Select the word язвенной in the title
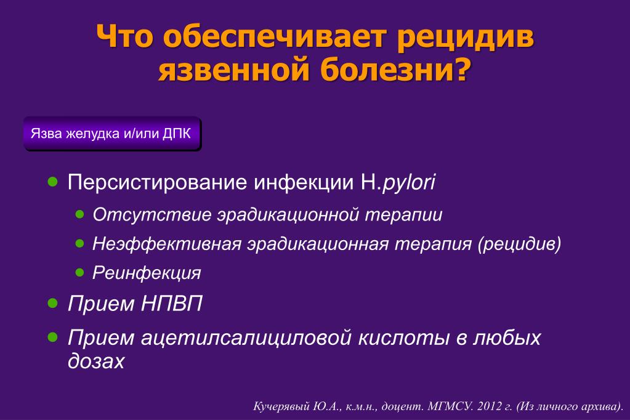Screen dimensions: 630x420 (235, 69)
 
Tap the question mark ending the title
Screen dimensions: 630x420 (461, 68)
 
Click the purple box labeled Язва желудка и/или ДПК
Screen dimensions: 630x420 (112, 134)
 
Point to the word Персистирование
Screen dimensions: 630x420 (157, 182)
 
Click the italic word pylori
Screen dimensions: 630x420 (409, 183)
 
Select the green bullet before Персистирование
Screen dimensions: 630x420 (52, 182)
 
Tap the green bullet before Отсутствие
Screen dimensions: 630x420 (79, 214)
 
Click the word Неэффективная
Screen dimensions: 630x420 (167, 243)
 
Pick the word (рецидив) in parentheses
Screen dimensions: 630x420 (519, 244)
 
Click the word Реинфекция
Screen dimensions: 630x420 (147, 273)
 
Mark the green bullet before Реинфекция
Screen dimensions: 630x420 (79, 273)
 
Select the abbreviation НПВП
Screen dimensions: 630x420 (172, 304)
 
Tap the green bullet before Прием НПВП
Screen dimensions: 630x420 (52, 303)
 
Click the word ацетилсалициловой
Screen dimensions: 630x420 (247, 337)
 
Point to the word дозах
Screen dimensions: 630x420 (96, 360)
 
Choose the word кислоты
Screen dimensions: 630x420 (404, 337)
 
